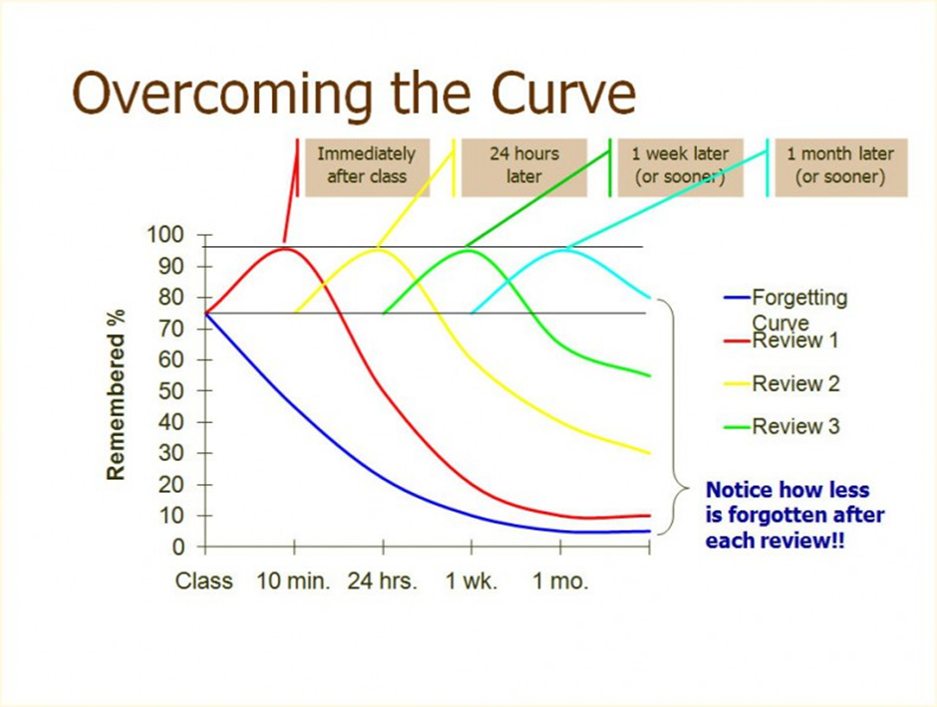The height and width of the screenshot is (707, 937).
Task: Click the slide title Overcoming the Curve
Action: tap(354, 94)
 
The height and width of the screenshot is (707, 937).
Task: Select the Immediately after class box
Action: tap(366, 165)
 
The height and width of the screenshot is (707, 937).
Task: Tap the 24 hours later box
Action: tap(523, 165)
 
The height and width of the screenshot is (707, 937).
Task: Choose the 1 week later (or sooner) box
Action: tap(680, 165)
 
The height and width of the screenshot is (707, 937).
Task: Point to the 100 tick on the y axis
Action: tap(165, 235)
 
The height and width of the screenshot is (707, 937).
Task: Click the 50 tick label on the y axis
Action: tap(171, 391)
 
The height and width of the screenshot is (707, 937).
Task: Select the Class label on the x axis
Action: tap(203, 582)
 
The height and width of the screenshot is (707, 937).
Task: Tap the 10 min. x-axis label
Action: tap(294, 582)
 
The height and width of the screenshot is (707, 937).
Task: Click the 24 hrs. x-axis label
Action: tap(382, 582)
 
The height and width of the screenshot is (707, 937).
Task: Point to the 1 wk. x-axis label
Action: tap(470, 582)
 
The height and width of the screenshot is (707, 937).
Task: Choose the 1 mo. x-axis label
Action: tap(559, 582)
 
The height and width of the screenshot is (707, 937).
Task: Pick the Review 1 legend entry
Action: tap(794, 341)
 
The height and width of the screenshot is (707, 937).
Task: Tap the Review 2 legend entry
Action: tap(794, 383)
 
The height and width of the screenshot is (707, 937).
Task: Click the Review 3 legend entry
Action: tap(794, 426)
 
